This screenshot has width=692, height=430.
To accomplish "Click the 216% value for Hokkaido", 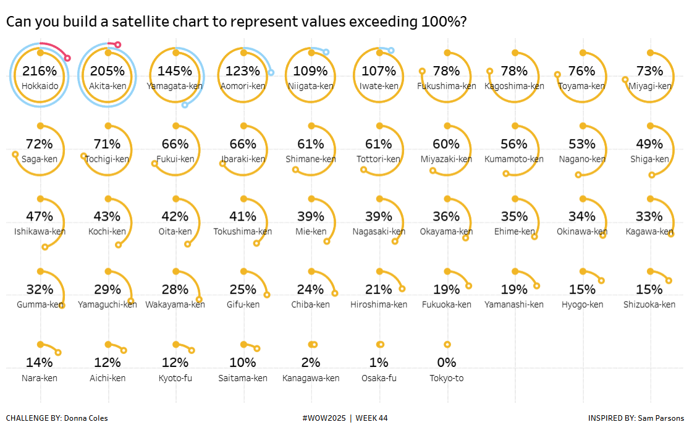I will coord(40,71).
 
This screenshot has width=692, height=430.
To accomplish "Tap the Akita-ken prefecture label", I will coord(108,86).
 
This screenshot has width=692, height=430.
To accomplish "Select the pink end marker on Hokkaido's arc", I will coord(67,58).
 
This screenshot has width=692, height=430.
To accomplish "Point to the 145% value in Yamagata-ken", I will coord(175,71).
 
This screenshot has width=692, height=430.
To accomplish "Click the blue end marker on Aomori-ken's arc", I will coord(271,73).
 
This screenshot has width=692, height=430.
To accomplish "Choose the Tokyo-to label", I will coord(447,378).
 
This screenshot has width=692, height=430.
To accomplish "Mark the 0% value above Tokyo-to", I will coord(447,363).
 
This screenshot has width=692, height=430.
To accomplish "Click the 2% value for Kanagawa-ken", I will coord(311,363).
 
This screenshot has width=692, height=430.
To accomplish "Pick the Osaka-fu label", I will coord(379,378).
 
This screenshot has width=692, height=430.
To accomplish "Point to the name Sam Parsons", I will coord(662,418).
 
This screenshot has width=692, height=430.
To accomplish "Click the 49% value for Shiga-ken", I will coord(649,144).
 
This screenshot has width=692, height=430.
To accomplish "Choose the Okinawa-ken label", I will coord(581,232).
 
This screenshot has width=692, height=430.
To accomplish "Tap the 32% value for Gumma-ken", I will coord(40,289).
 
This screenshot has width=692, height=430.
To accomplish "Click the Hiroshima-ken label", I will coord(379,305).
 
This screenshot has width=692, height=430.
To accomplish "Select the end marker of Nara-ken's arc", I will coord(58,353).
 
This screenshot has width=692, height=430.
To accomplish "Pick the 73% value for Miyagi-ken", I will coord(649,71).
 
